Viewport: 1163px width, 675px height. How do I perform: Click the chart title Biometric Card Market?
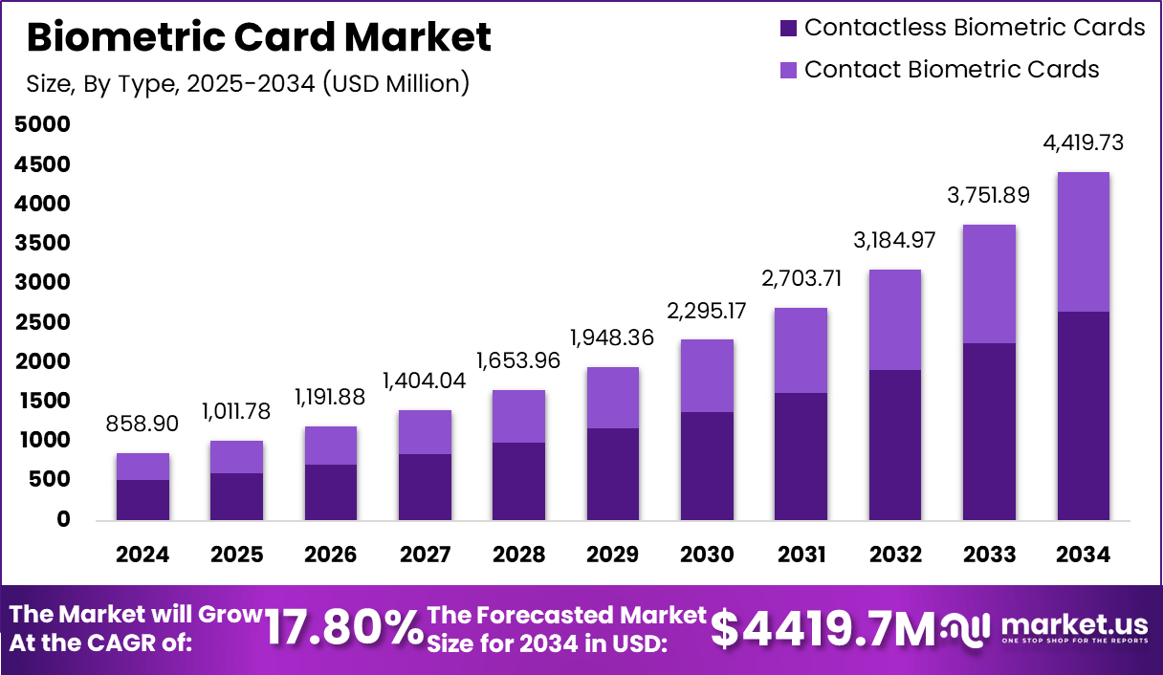pyautogui.click(x=259, y=37)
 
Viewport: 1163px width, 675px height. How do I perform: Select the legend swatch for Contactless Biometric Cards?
pyautogui.click(x=789, y=28)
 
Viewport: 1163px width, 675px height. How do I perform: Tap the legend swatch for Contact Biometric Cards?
pyautogui.click(x=789, y=70)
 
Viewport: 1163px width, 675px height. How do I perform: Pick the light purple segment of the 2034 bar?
pyautogui.click(x=1084, y=242)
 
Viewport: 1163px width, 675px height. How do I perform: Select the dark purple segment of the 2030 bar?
pyautogui.click(x=707, y=466)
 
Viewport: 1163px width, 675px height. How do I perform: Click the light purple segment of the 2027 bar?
pyautogui.click(x=425, y=432)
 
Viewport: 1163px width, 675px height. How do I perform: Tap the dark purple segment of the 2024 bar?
pyautogui.click(x=143, y=499)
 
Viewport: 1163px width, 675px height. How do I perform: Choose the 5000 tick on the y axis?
pyautogui.click(x=43, y=125)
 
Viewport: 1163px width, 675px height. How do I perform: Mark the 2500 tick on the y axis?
pyautogui.click(x=43, y=322)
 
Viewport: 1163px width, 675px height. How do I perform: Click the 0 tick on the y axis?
pyautogui.click(x=63, y=519)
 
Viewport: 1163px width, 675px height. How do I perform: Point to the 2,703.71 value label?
pyautogui.click(x=801, y=280)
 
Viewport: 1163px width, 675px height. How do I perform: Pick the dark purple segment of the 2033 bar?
pyautogui.click(x=989, y=431)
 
